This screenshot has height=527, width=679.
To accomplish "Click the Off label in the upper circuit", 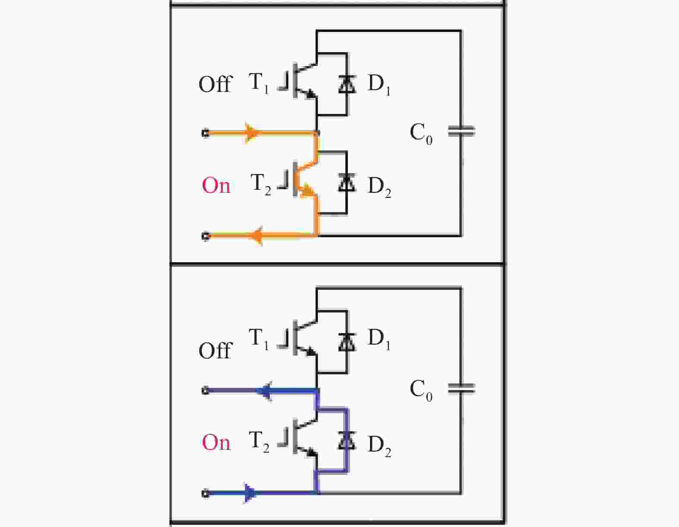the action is click(215, 84).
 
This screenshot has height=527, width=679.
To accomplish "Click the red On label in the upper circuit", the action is click(216, 185).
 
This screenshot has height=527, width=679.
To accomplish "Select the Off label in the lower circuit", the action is click(215, 350).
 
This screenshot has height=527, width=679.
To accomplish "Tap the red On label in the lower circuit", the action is click(216, 442).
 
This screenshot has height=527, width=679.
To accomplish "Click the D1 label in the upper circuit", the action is click(379, 85).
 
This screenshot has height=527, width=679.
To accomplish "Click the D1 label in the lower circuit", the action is click(379, 339).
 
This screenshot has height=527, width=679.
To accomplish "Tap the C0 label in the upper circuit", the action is click(421, 134).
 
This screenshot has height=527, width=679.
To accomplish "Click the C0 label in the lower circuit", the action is click(421, 391).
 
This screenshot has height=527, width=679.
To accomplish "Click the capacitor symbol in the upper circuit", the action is click(462, 131).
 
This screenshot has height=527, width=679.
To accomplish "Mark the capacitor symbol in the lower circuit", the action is click(462, 388).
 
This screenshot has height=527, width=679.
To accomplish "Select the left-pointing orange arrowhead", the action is click(257, 235).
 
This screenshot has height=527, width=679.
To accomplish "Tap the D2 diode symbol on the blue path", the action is click(347, 440).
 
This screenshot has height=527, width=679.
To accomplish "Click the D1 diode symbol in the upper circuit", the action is click(347, 84).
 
